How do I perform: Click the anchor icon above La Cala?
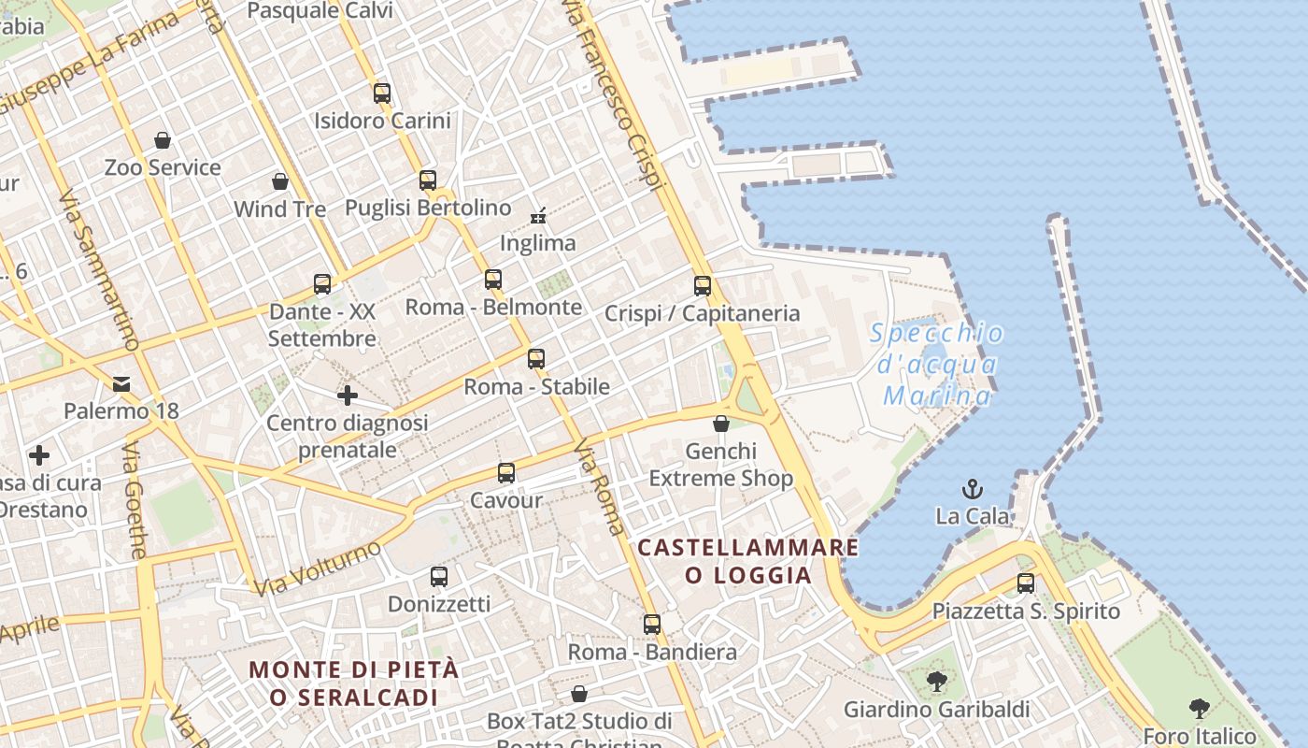[973, 489]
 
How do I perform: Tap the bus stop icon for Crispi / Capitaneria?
[703, 286]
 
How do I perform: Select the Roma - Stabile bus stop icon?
[535, 359]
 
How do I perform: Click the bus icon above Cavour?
[505, 473]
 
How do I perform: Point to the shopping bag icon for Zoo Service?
[163, 140]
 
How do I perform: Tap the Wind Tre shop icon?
[279, 180]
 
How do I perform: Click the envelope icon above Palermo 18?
[121, 383]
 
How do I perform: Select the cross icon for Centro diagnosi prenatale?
[348, 396]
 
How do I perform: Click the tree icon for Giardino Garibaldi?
[936, 682]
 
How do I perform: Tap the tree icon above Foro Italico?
[1200, 709]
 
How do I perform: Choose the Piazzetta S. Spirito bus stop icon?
[1026, 583]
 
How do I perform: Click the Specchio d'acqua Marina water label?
[937, 365]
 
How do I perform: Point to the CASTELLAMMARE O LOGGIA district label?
[747, 561]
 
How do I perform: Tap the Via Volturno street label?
[318, 567]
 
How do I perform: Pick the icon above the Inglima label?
[538, 216]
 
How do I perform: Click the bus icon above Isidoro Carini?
[381, 93]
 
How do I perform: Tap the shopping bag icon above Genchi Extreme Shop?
[720, 424]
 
